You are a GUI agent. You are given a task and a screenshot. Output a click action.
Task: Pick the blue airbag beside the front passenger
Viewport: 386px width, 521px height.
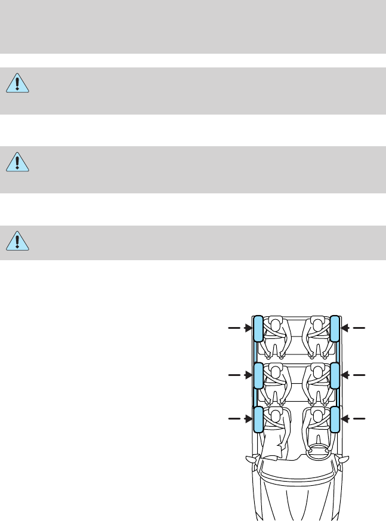pyautogui.click(x=258, y=419)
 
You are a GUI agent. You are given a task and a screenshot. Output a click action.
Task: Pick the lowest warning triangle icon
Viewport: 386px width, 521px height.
pyautogui.click(x=18, y=239)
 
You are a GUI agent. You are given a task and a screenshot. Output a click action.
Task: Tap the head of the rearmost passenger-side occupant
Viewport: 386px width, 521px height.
pyautogui.click(x=275, y=325)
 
